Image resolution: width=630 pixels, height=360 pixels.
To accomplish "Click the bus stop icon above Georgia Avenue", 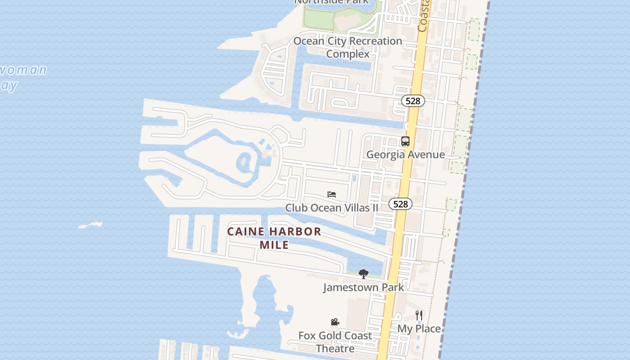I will tap(405, 141).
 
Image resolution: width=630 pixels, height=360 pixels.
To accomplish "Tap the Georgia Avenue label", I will tap(405, 154).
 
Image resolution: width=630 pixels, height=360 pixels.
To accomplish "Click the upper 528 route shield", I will tap(413, 101).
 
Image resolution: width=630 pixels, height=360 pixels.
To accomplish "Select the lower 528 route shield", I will tap(400, 204).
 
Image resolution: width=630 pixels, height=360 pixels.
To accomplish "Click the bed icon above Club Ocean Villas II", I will tap(332, 194).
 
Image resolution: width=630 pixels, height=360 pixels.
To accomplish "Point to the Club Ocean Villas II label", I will tap(332, 208).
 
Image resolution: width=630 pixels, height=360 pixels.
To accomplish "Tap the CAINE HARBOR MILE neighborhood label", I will tap(274, 238).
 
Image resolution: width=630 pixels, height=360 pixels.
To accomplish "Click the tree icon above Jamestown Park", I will tap(363, 274).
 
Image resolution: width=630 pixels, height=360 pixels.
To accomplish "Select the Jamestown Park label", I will tap(363, 287).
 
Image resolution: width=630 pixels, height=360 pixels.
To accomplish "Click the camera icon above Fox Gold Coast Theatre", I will tap(335, 322).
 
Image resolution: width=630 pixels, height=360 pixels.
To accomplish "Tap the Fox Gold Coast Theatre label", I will tap(335, 342).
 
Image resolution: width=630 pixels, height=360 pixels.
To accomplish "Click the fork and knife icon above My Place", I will tap(419, 315).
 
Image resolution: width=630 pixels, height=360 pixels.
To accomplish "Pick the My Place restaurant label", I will tap(419, 329).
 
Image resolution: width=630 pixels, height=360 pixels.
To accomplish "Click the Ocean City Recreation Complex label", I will tap(348, 47).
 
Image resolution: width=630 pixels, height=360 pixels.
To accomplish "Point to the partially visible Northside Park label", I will tap(331, 2).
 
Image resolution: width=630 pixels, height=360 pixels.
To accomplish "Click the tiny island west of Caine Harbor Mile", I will tap(90, 225).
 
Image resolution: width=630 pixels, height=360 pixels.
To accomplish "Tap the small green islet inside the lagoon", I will tap(244, 161).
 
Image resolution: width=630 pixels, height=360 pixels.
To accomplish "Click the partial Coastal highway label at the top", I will tap(423, 16).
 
